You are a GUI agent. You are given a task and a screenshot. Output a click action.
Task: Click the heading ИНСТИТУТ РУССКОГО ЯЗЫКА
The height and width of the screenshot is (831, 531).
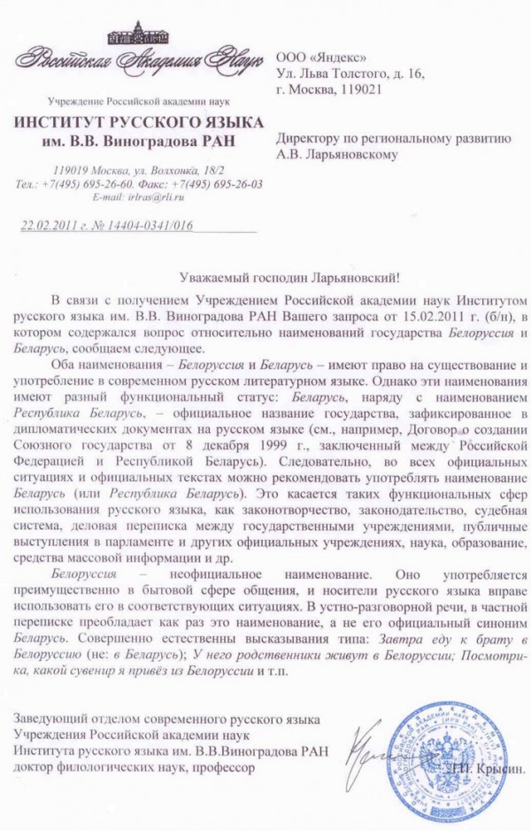click(x=138, y=121)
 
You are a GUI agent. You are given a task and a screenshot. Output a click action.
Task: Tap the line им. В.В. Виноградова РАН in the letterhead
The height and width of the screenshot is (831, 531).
click(x=138, y=140)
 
